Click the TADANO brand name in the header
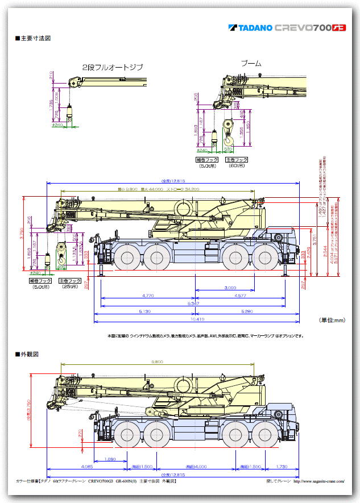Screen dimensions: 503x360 point(255,27)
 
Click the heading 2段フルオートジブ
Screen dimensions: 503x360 point(113,68)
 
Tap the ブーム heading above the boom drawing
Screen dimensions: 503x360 point(250,64)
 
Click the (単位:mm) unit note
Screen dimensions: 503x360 point(332,321)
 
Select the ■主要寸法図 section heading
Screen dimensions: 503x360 point(32,39)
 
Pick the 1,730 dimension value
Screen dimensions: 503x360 point(283,467)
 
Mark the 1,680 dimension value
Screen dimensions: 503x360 point(110,459)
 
